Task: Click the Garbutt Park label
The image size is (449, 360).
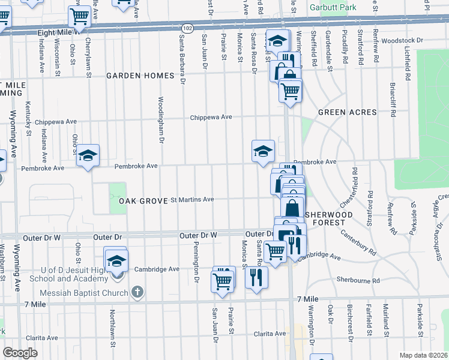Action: click(332, 8)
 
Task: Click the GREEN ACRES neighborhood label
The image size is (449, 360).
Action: click(347, 112)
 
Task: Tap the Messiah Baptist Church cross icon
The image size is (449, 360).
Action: click(137, 293)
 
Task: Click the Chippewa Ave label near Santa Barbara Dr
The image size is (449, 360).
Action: click(211, 117)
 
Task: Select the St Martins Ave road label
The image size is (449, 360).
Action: click(193, 199)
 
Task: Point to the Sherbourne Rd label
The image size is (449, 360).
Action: click(358, 280)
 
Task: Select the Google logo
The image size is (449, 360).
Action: click(20, 353)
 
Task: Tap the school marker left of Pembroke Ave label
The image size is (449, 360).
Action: click(88, 156)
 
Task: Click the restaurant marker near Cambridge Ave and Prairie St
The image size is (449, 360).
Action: click(256, 277)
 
